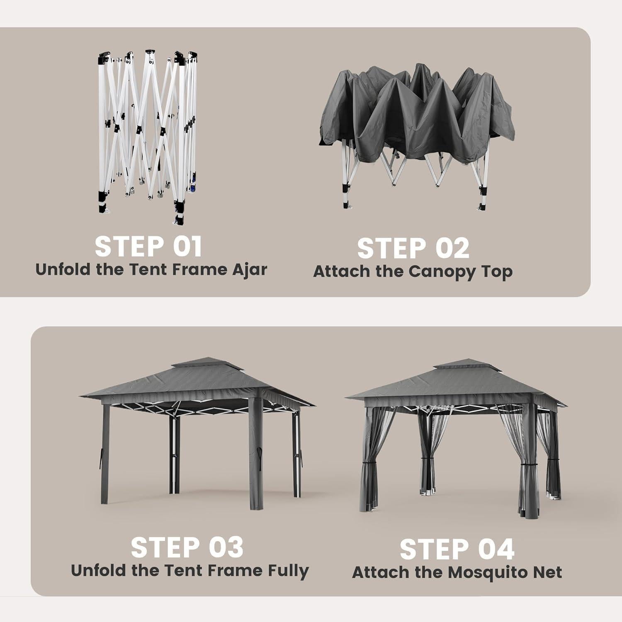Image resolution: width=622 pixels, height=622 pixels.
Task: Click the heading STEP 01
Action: pos(148,247)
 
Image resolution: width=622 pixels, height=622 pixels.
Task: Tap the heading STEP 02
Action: pos(413,248)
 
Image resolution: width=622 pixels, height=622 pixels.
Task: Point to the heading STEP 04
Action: pos(457,549)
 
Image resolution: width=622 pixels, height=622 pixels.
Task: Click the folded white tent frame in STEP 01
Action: pos(147,137)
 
